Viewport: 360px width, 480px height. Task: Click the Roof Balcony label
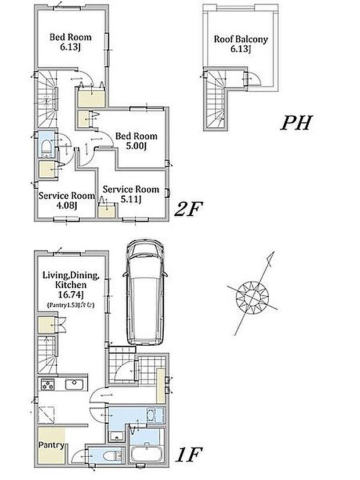point(241,44)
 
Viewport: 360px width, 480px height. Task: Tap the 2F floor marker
point(189,209)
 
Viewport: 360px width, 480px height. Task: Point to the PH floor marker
point(296,123)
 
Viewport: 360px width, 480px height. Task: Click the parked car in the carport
point(145,293)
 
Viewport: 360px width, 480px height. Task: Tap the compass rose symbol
point(253,297)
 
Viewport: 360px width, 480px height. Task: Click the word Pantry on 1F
point(51,445)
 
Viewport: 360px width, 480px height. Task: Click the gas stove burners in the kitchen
point(48,385)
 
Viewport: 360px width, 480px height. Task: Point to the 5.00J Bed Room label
point(136,141)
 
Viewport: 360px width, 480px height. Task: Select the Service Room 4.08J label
point(66,200)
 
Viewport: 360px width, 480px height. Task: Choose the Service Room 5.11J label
point(131,194)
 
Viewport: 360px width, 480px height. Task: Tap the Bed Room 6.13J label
point(70,42)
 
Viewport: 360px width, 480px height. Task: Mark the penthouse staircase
point(216,99)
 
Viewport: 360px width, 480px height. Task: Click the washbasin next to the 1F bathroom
point(151,415)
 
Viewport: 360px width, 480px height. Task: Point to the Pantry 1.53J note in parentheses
point(71,305)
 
